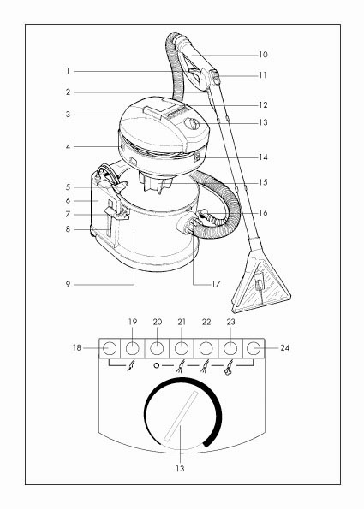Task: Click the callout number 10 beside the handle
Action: [263, 55]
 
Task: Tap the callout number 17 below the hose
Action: [216, 284]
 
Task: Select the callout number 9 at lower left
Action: [68, 285]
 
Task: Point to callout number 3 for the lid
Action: [68, 115]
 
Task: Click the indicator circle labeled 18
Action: [110, 348]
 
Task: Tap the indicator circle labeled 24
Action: [254, 348]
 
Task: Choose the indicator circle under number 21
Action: [182, 348]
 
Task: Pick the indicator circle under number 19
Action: [132, 348]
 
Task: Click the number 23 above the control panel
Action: [230, 322]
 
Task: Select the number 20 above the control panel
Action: [158, 322]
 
